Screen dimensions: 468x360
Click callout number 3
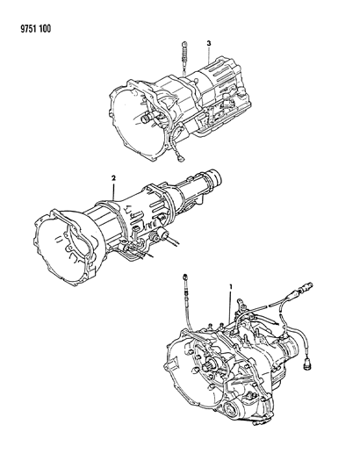click(x=209, y=43)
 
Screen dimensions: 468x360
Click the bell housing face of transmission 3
click(x=132, y=110)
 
